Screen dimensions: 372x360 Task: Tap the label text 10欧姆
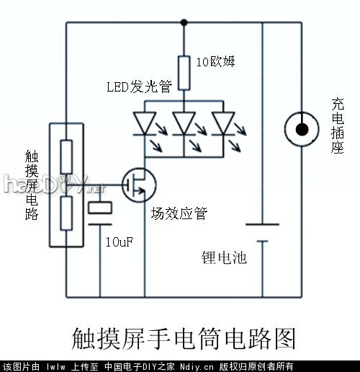[215, 62]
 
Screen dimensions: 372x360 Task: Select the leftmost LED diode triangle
[145, 123]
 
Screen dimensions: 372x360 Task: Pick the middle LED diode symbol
[184, 123]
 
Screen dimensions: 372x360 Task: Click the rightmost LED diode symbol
[223, 123]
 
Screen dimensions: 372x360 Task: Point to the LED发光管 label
[140, 88]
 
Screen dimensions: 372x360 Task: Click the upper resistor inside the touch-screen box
[66, 154]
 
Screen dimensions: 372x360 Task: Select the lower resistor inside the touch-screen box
[66, 213]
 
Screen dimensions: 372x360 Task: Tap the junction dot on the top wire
[184, 22]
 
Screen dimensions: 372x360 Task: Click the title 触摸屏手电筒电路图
[184, 337]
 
